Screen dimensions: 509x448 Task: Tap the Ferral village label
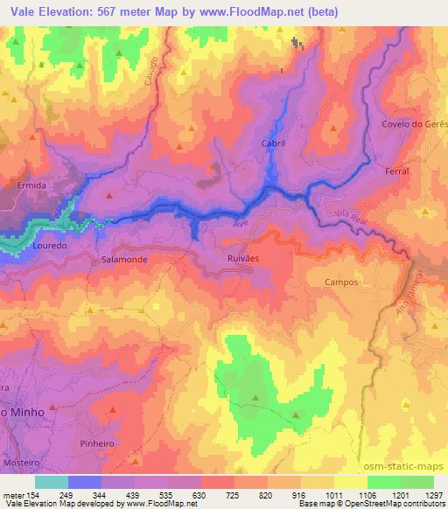pos(397,171)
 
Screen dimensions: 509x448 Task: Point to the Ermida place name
pos(31,186)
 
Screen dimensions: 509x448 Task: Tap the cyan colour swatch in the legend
pos(52,481)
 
